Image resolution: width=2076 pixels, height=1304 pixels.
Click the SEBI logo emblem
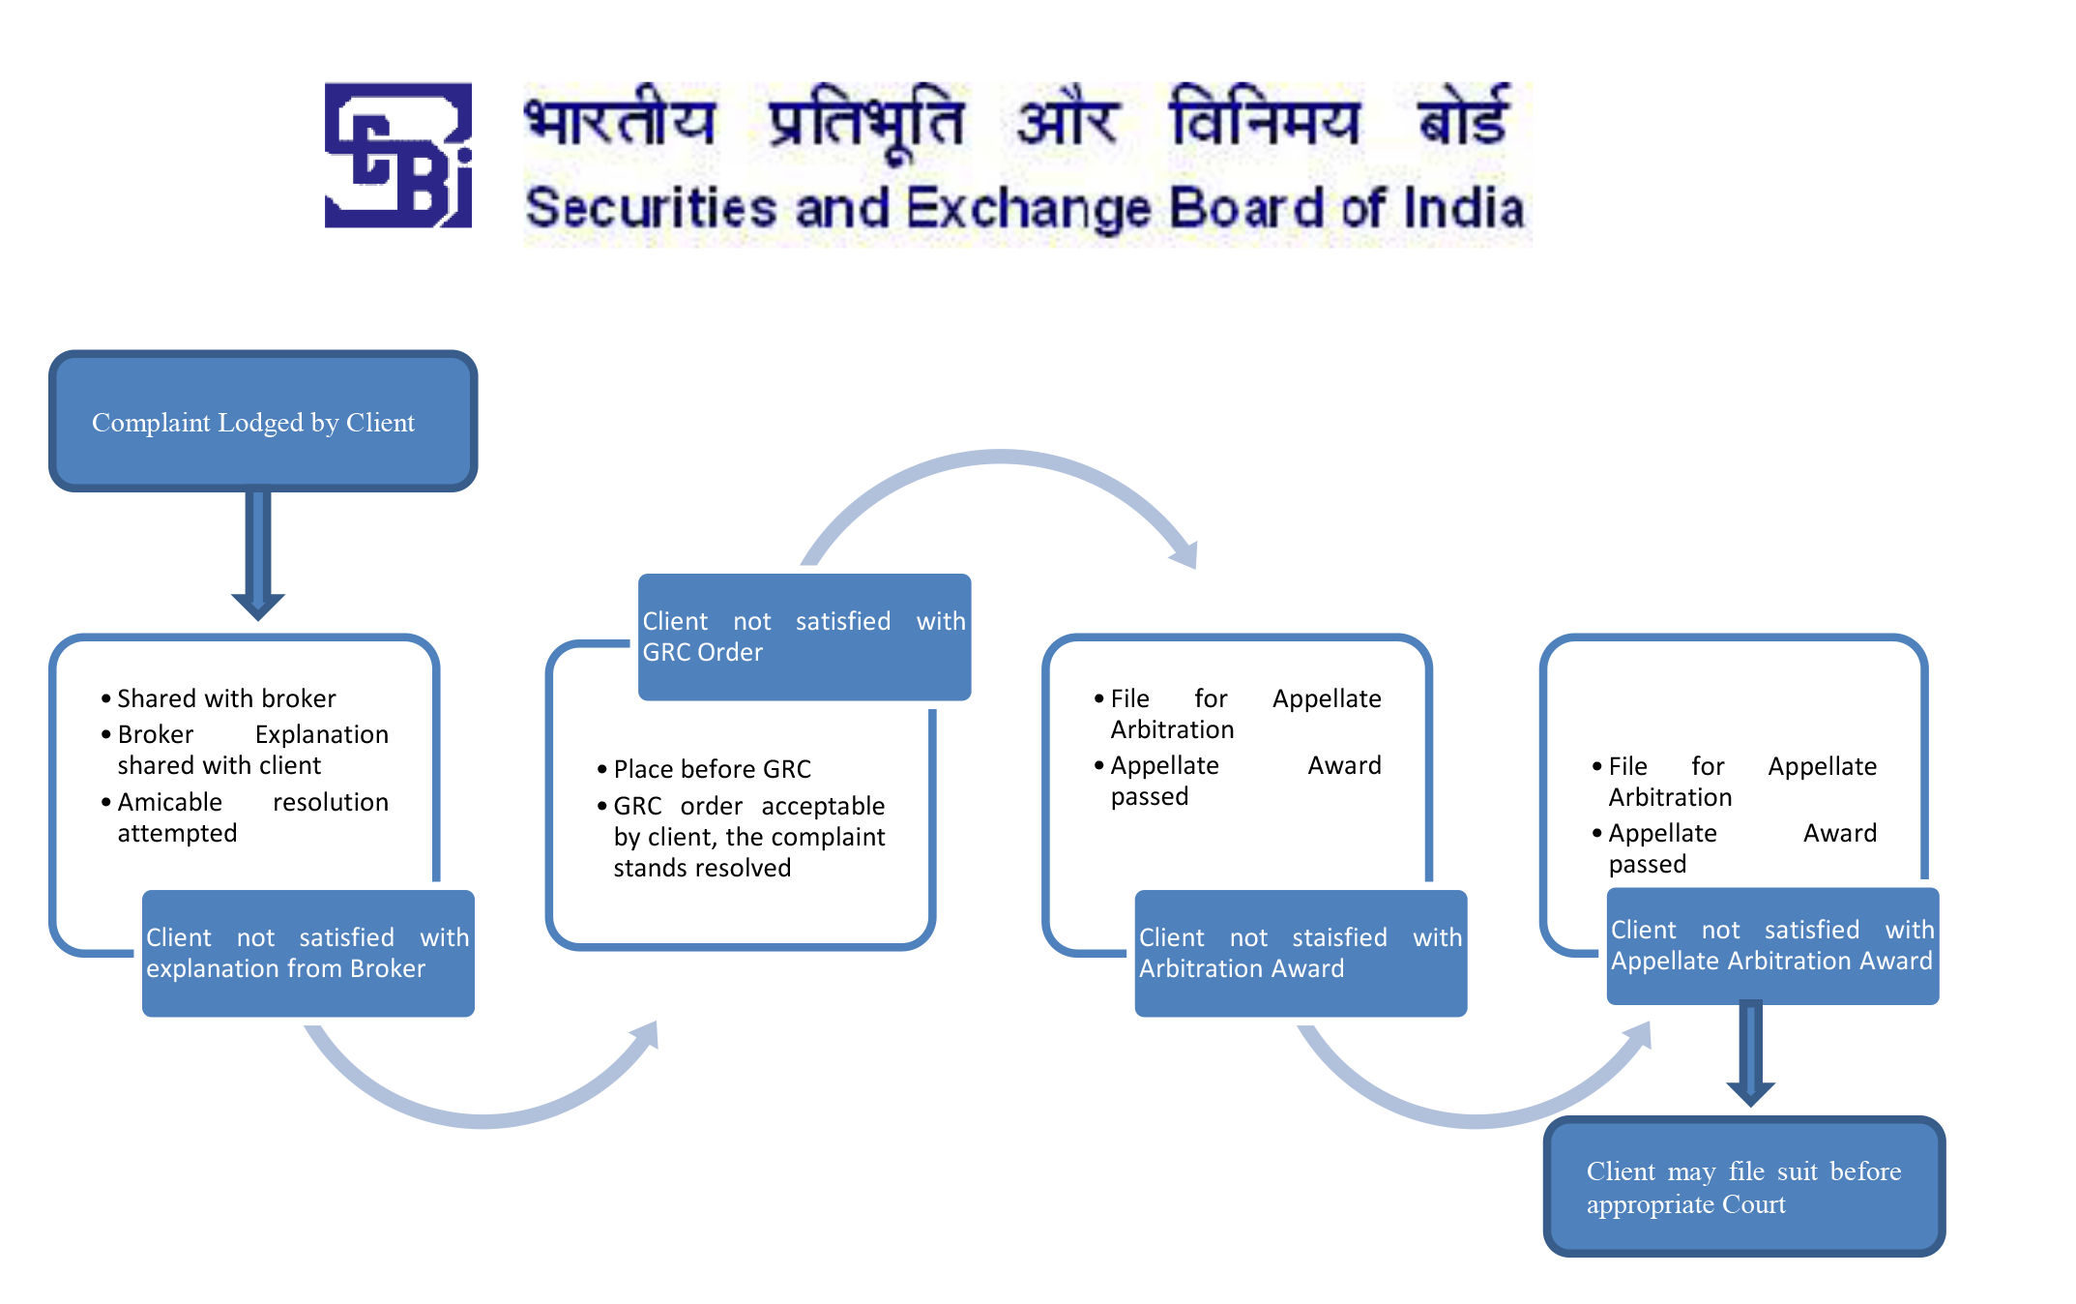click(398, 155)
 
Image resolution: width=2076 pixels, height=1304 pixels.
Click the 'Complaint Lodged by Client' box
click(263, 421)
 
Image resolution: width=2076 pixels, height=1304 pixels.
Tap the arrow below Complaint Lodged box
click(257, 555)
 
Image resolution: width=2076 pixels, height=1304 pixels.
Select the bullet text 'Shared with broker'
click(226, 698)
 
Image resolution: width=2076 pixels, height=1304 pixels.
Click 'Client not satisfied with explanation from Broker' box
click(307, 953)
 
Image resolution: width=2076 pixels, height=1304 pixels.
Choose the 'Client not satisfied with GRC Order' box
click(804, 637)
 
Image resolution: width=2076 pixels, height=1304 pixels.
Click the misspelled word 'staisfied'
click(1339, 937)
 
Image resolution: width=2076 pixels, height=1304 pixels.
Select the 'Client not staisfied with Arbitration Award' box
click(1301, 953)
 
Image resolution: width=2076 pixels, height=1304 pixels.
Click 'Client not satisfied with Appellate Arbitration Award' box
click(1772, 945)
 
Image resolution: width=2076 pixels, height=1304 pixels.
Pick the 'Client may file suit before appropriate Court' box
click(1744, 1186)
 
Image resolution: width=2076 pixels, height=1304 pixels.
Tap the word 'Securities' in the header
click(652, 208)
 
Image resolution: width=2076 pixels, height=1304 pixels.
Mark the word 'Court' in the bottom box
click(1753, 1204)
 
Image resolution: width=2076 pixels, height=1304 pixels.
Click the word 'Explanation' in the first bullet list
click(322, 735)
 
